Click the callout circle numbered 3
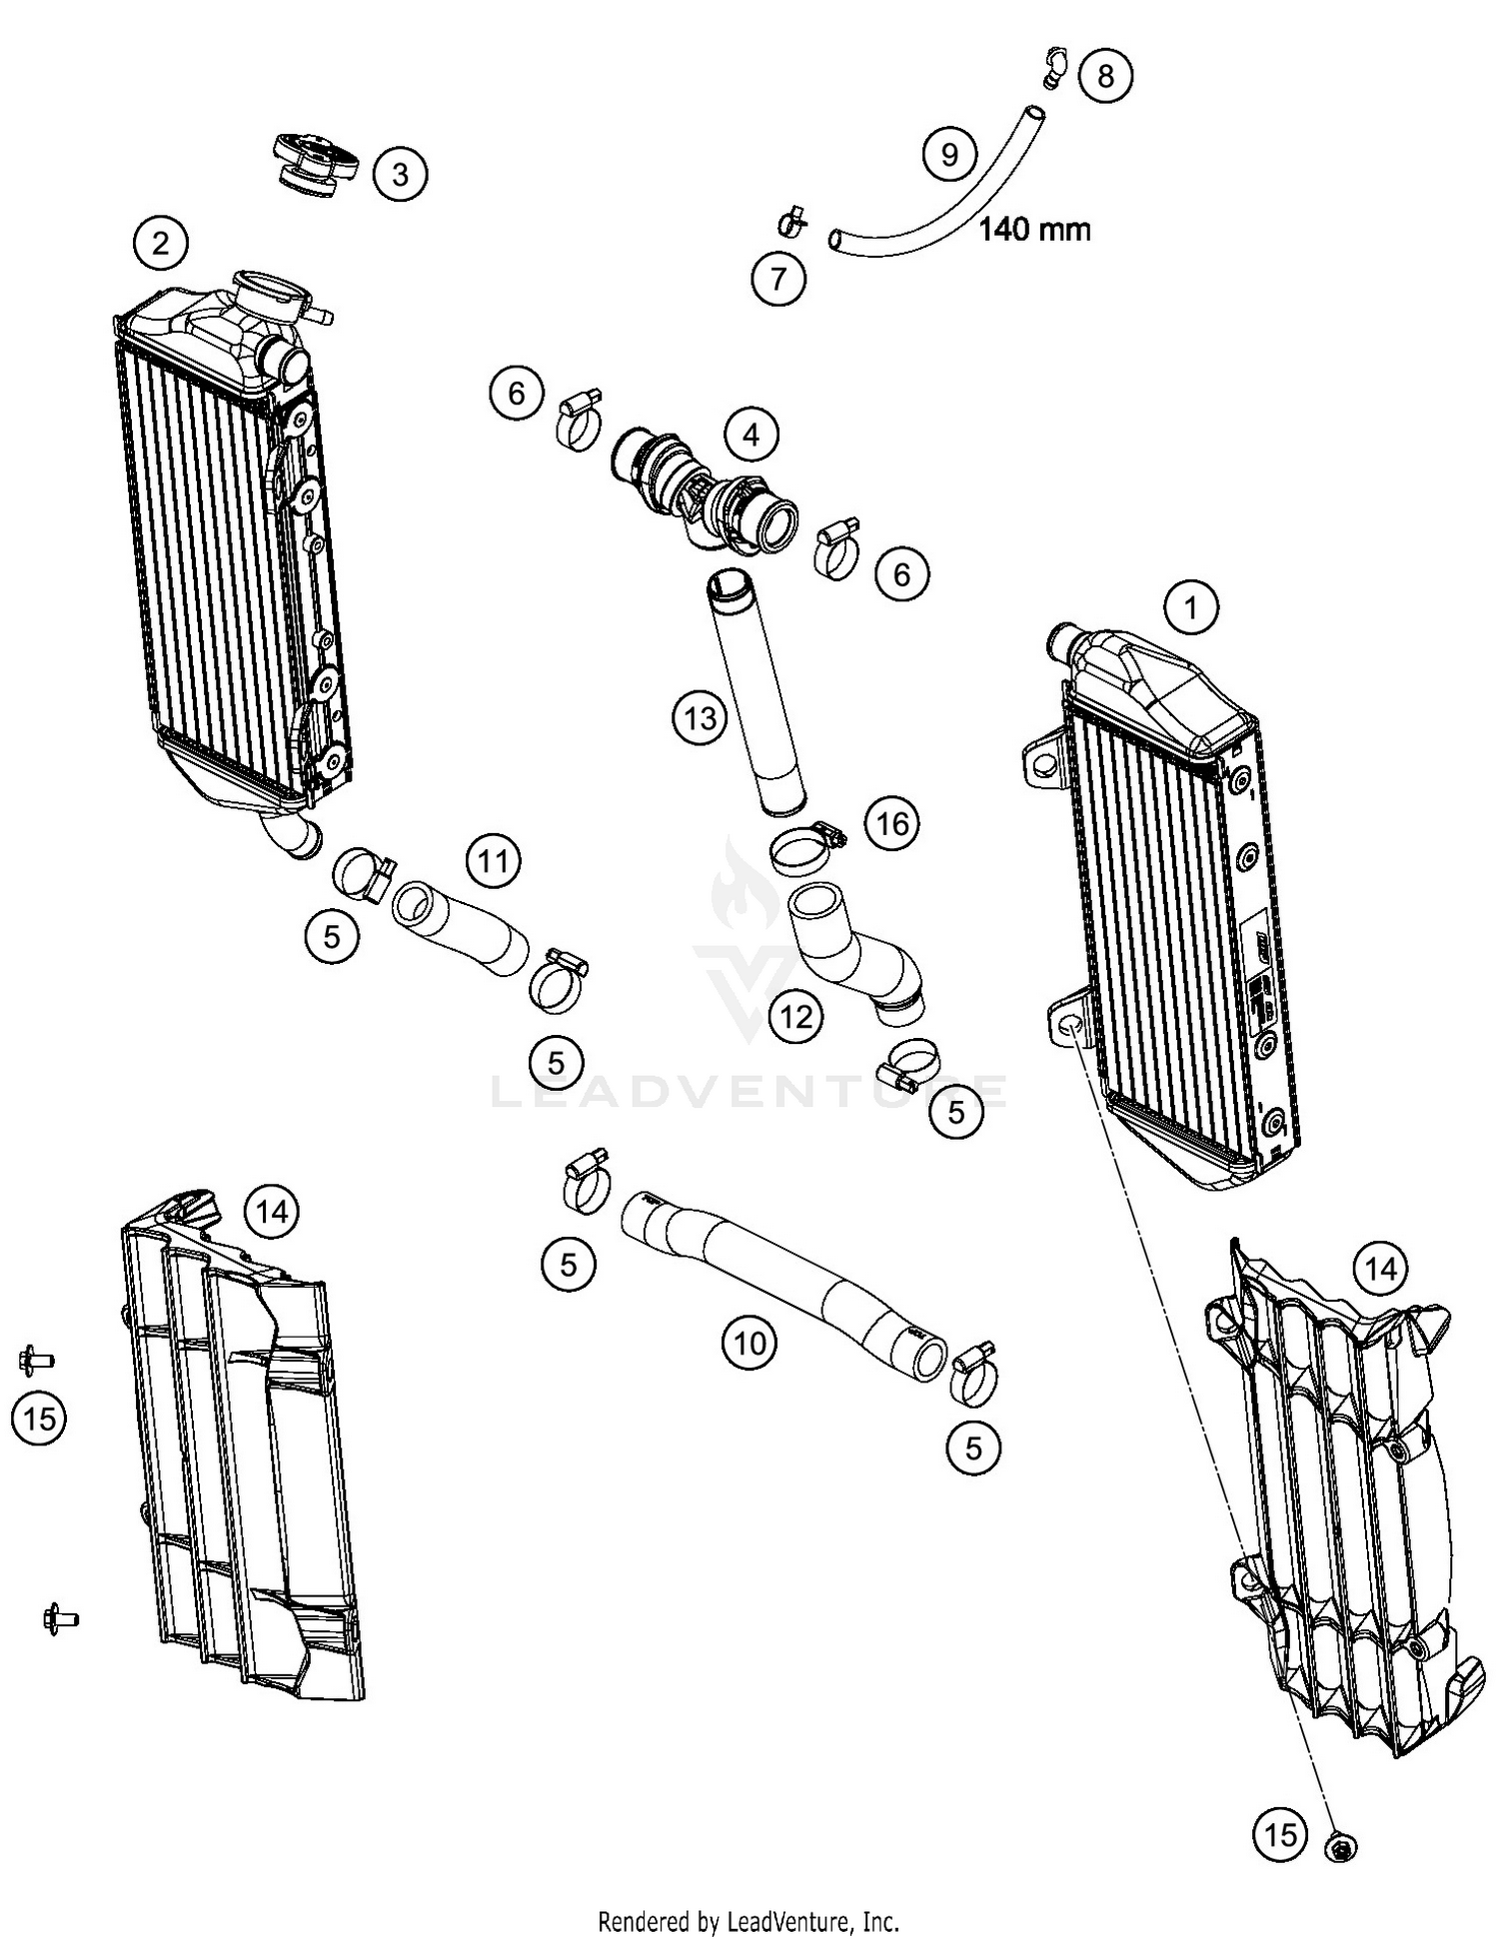tap(400, 175)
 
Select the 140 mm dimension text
tap(1033, 230)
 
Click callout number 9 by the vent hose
tap(948, 154)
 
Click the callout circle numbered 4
tap(750, 435)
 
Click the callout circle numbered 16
tap(891, 823)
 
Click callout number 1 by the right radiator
tap(1190, 607)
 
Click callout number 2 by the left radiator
tap(161, 243)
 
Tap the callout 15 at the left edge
tap(39, 1418)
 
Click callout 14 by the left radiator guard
tap(272, 1212)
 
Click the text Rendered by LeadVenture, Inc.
tap(749, 1920)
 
